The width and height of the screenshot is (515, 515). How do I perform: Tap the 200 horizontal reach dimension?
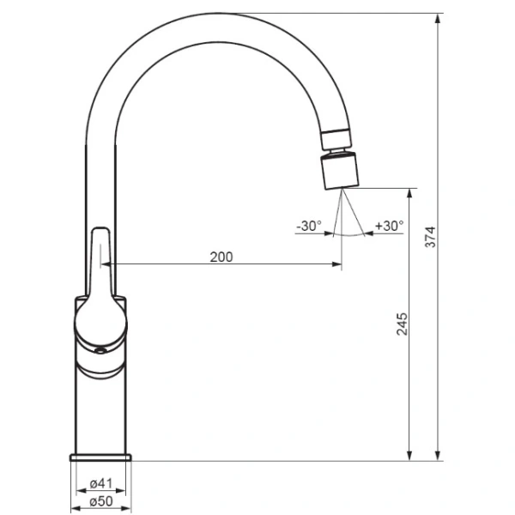(x=221, y=257)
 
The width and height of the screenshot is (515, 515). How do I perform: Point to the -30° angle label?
(x=309, y=227)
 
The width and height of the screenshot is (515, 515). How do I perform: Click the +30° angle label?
(x=389, y=227)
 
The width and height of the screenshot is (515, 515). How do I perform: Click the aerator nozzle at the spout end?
(x=342, y=170)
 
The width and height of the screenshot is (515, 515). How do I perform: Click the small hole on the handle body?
(x=99, y=349)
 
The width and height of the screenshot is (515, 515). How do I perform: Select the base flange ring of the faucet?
(x=101, y=457)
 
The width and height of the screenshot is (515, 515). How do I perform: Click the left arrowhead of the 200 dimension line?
(x=105, y=264)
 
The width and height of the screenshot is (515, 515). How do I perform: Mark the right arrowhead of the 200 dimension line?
(x=337, y=264)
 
